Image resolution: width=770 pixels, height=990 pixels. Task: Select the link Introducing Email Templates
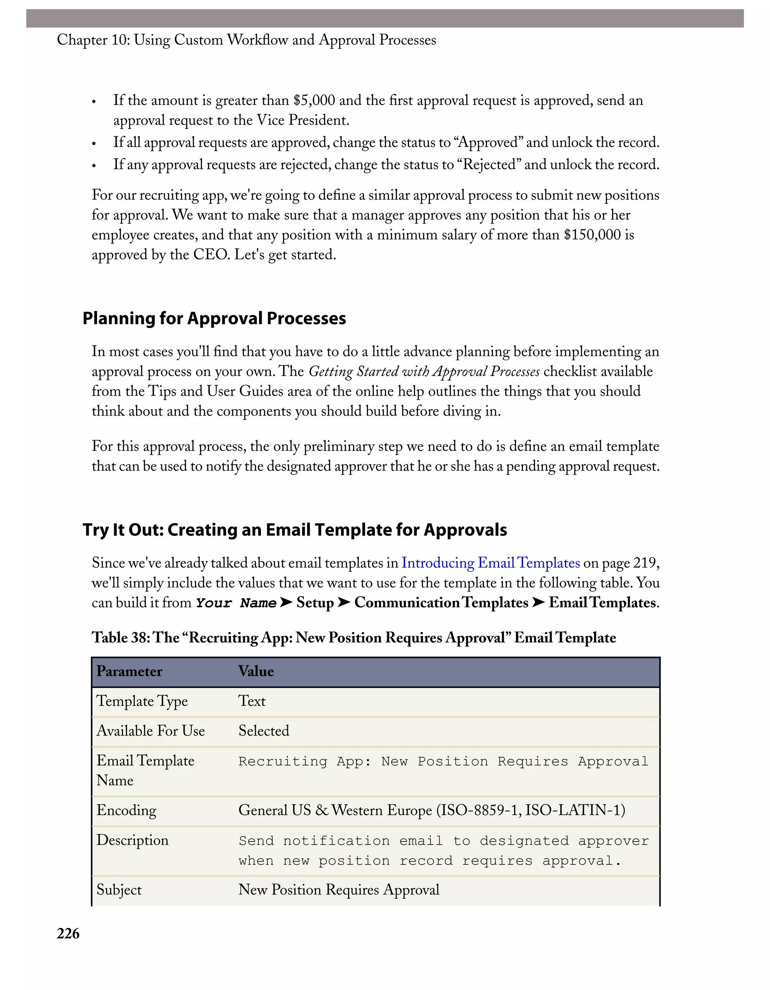click(x=490, y=562)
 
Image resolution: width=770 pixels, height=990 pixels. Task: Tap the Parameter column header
click(x=129, y=671)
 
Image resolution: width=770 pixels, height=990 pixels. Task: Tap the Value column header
click(x=256, y=671)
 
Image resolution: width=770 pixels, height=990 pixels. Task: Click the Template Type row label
click(x=142, y=701)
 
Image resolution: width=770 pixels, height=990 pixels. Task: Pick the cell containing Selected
click(x=264, y=731)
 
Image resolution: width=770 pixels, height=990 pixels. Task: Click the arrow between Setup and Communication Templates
click(x=344, y=602)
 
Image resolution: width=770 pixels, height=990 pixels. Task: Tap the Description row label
click(x=132, y=840)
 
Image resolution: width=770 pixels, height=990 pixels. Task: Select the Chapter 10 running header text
click(x=247, y=40)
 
